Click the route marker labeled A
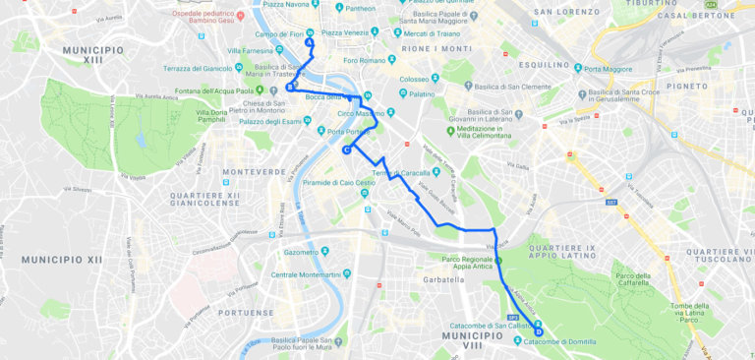point(310,42)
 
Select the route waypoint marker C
point(347,150)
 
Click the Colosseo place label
point(414,80)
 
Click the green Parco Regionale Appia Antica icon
point(498,261)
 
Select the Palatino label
point(421,94)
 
